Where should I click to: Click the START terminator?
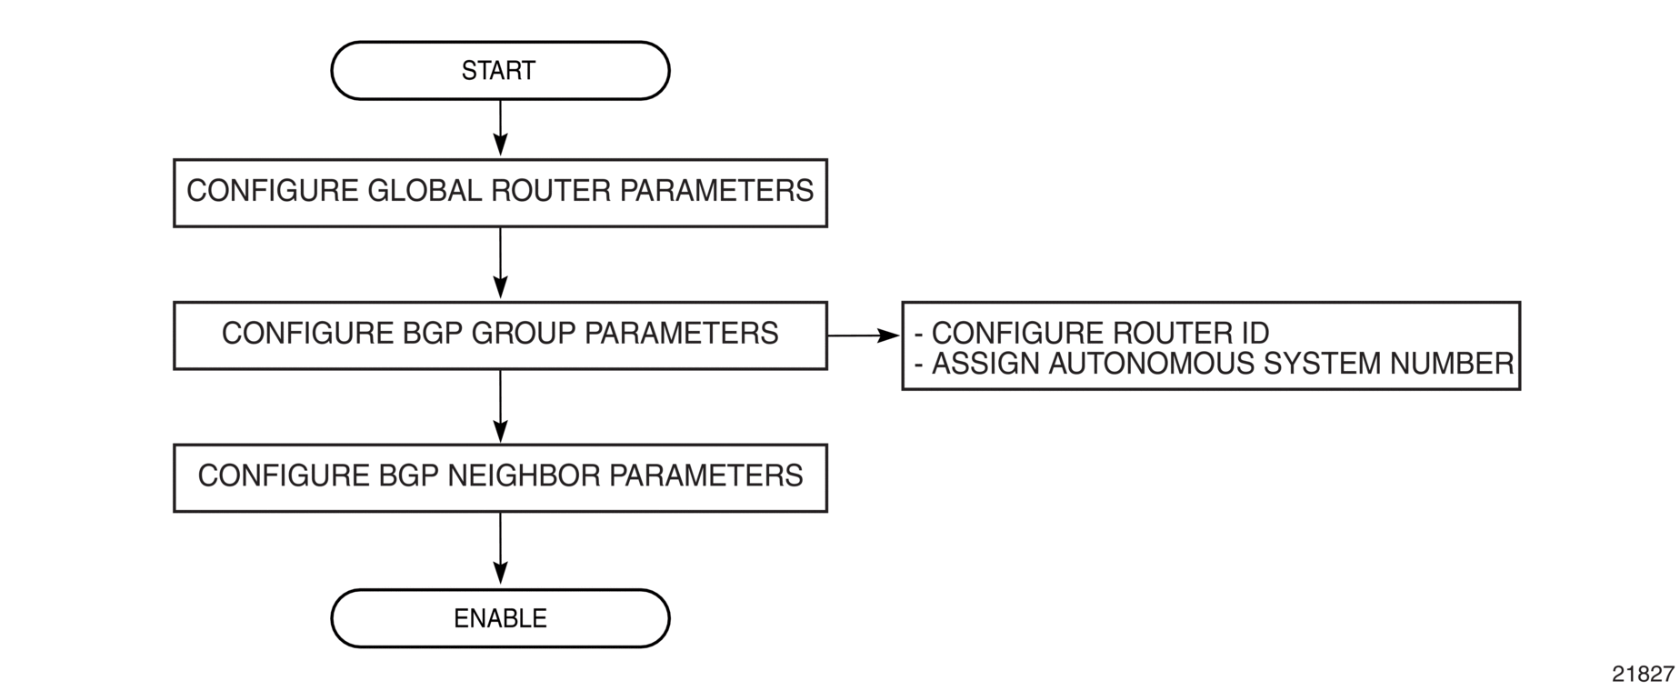click(500, 70)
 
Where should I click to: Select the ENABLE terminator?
click(500, 618)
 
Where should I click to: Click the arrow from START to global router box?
click(500, 128)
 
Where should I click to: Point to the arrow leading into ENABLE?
click(500, 548)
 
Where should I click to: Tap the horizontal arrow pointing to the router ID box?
click(864, 335)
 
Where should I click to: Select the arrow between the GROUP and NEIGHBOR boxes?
click(500, 406)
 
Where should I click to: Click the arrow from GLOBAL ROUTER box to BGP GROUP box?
click(500, 263)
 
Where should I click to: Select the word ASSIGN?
click(986, 364)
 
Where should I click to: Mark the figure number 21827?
click(1643, 674)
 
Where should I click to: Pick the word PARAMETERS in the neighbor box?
click(705, 476)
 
